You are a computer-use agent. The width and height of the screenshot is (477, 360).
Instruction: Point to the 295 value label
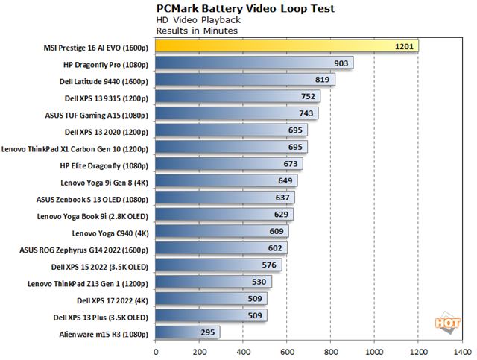click(x=209, y=333)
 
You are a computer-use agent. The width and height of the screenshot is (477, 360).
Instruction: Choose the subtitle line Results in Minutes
click(x=197, y=31)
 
